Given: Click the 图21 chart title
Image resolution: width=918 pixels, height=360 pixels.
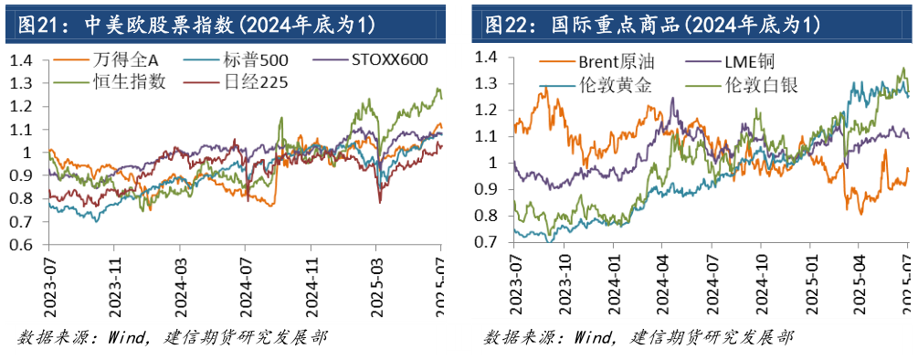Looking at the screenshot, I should point(191,21).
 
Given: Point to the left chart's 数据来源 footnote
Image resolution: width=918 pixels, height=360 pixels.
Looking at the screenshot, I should point(173,338).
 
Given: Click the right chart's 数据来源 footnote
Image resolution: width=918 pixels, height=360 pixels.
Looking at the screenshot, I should point(638,338).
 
